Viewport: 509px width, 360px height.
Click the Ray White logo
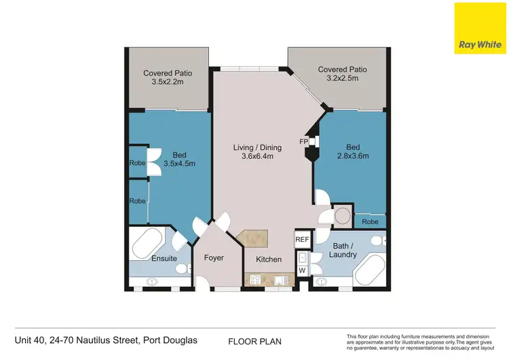click(480, 29)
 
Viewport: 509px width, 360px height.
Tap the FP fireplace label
click(304, 141)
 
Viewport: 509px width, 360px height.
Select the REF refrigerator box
click(301, 240)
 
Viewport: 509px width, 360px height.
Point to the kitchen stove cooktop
click(256, 278)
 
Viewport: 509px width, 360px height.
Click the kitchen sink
click(282, 278)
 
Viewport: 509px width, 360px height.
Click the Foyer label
click(214, 258)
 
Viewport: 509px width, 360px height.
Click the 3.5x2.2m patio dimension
click(167, 82)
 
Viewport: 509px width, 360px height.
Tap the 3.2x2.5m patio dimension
click(343, 78)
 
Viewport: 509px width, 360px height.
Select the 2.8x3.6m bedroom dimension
click(354, 156)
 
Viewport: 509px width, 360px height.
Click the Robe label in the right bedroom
click(370, 221)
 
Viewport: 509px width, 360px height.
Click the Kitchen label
click(268, 259)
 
